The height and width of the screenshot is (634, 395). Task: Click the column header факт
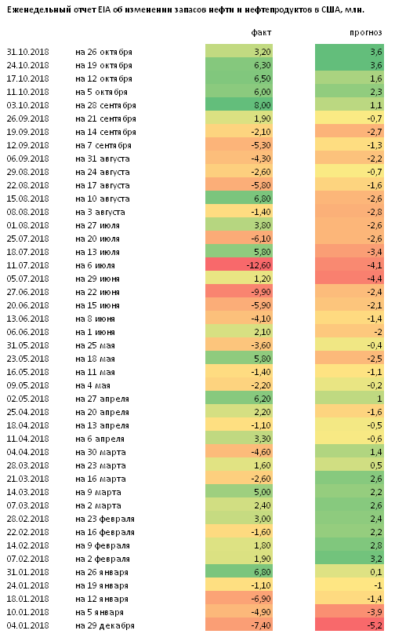tap(261, 33)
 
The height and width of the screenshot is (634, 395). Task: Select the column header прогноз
tap(365, 33)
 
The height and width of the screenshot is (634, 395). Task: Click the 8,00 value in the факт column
tap(263, 105)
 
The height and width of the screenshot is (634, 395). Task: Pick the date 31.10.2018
tap(27, 52)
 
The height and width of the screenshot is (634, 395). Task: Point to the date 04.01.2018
tap(27, 625)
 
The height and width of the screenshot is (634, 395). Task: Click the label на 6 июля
tap(95, 265)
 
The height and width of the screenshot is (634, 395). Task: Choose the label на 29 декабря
tap(104, 625)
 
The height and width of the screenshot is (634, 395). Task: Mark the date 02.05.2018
tap(27, 399)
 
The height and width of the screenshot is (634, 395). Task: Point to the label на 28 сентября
tap(106, 105)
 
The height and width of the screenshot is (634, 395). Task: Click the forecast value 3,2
tap(376, 559)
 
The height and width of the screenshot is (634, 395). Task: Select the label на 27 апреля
tap(102, 399)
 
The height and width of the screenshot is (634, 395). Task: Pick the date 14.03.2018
tap(27, 492)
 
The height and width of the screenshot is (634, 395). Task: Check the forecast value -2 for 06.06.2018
tap(378, 332)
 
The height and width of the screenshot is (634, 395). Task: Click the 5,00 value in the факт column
tap(263, 492)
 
